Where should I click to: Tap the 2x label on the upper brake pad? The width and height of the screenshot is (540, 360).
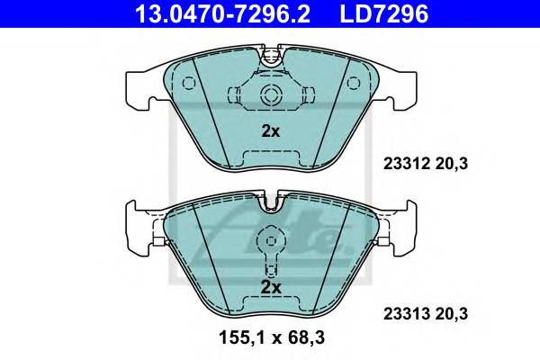click(271, 130)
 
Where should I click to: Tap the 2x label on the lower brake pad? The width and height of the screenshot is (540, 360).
click(271, 287)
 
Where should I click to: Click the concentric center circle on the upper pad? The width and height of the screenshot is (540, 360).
click(271, 95)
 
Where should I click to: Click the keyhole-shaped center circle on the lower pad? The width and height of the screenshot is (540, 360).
click(271, 241)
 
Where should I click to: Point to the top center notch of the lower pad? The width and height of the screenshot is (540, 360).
click(271, 205)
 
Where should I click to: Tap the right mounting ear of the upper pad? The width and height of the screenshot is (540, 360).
click(407, 86)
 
